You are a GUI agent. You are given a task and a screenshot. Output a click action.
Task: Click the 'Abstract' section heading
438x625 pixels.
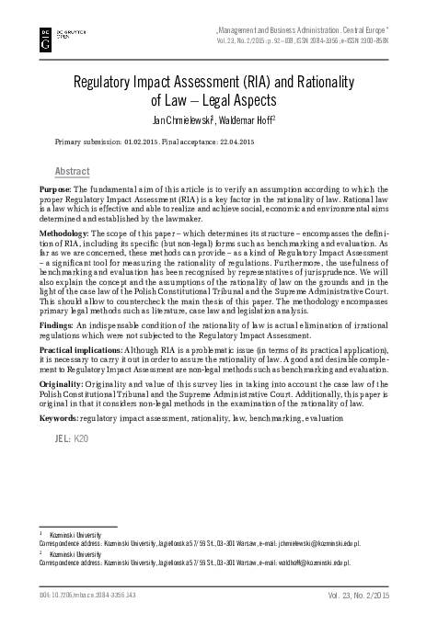click(73, 171)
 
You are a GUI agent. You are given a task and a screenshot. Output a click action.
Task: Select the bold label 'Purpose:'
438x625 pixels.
click(52, 188)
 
